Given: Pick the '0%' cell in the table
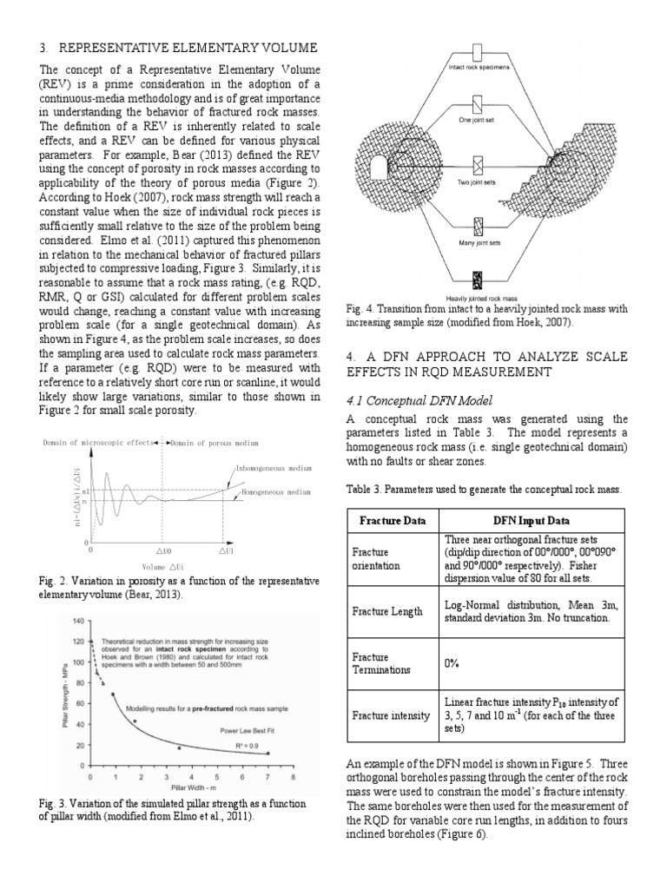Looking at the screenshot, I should tap(452, 662).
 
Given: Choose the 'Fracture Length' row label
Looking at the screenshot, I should tap(387, 611).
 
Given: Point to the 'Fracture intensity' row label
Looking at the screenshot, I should tap(390, 714).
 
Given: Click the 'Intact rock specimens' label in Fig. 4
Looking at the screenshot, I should tap(478, 66).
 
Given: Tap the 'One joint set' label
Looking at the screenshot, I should tap(477, 119).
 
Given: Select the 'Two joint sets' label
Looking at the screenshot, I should tap(477, 182).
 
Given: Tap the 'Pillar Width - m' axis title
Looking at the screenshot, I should tap(192, 788).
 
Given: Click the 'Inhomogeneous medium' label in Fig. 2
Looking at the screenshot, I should tap(273, 467).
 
